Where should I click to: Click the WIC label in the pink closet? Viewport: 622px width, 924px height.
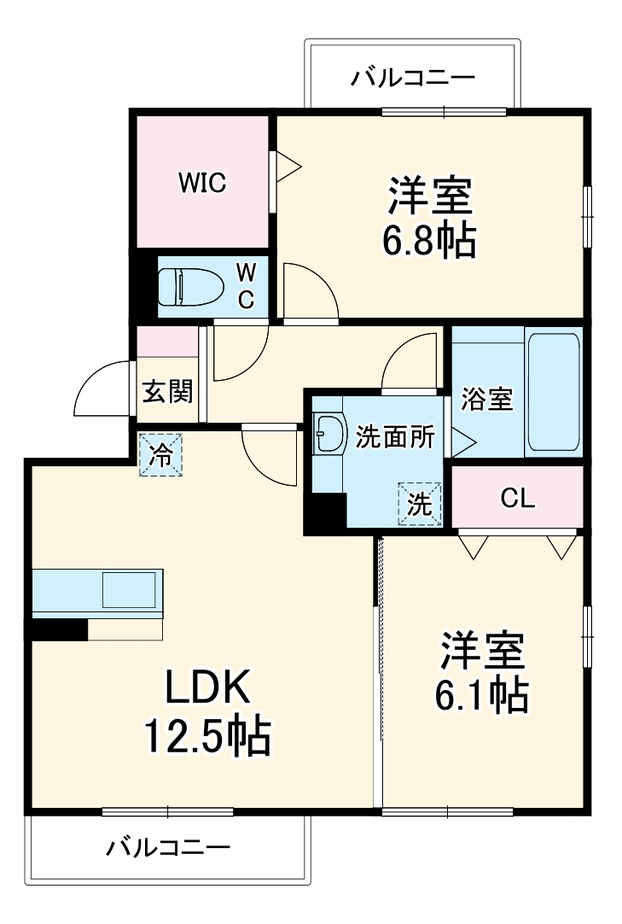point(202,183)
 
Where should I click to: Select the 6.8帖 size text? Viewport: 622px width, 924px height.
point(429,243)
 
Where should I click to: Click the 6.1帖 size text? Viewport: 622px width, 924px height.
point(481,697)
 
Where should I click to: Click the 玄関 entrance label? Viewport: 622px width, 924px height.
point(167,391)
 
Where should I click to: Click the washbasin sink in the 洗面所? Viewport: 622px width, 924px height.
point(328,433)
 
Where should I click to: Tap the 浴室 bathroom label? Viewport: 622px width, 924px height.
point(487,399)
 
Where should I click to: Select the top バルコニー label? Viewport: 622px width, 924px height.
point(413,79)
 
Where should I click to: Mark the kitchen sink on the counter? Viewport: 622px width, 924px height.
point(129,590)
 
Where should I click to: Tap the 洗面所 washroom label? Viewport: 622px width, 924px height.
point(395,436)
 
